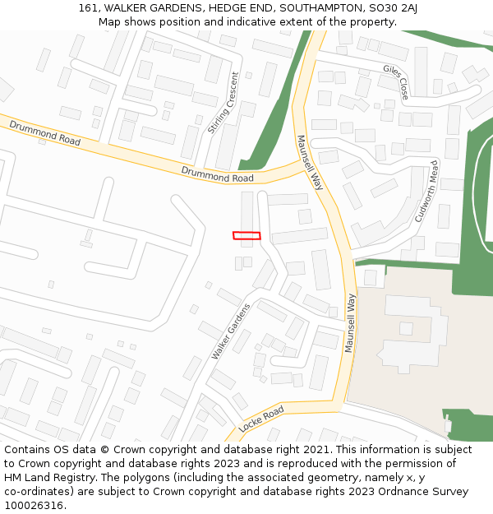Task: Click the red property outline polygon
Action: coord(246,236)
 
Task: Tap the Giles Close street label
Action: coord(395,82)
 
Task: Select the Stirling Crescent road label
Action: coord(223,103)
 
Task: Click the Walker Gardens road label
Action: coord(230,331)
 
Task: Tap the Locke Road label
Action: coord(261,419)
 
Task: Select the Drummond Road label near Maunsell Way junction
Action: coord(217,173)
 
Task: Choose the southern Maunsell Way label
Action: coord(351,322)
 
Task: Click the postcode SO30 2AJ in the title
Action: coord(393,8)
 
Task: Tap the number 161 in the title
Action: coord(89,8)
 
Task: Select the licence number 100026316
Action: coord(34,505)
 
